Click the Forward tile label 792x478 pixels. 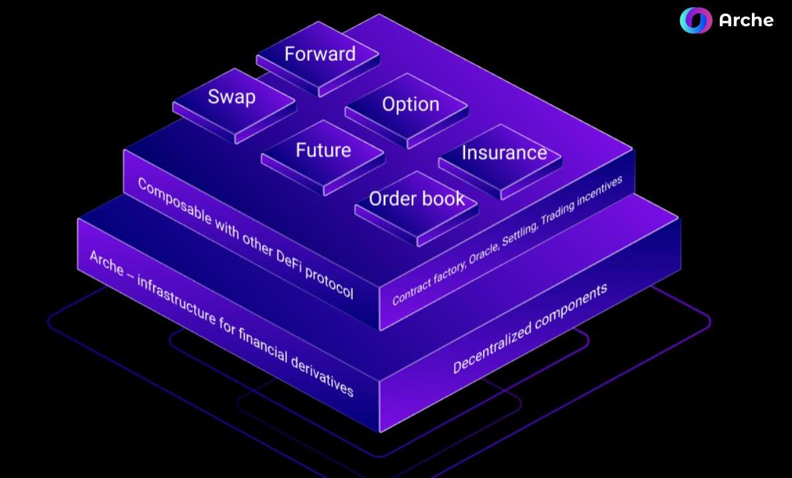[x=320, y=54]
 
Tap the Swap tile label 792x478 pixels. [x=231, y=97]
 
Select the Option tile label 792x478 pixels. [x=411, y=104]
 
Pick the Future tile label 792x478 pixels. [x=323, y=149]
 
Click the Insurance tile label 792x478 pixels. [x=504, y=153]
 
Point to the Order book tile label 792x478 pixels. [x=417, y=198]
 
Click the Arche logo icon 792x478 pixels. [x=696, y=21]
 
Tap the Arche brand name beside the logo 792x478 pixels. [x=746, y=21]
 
